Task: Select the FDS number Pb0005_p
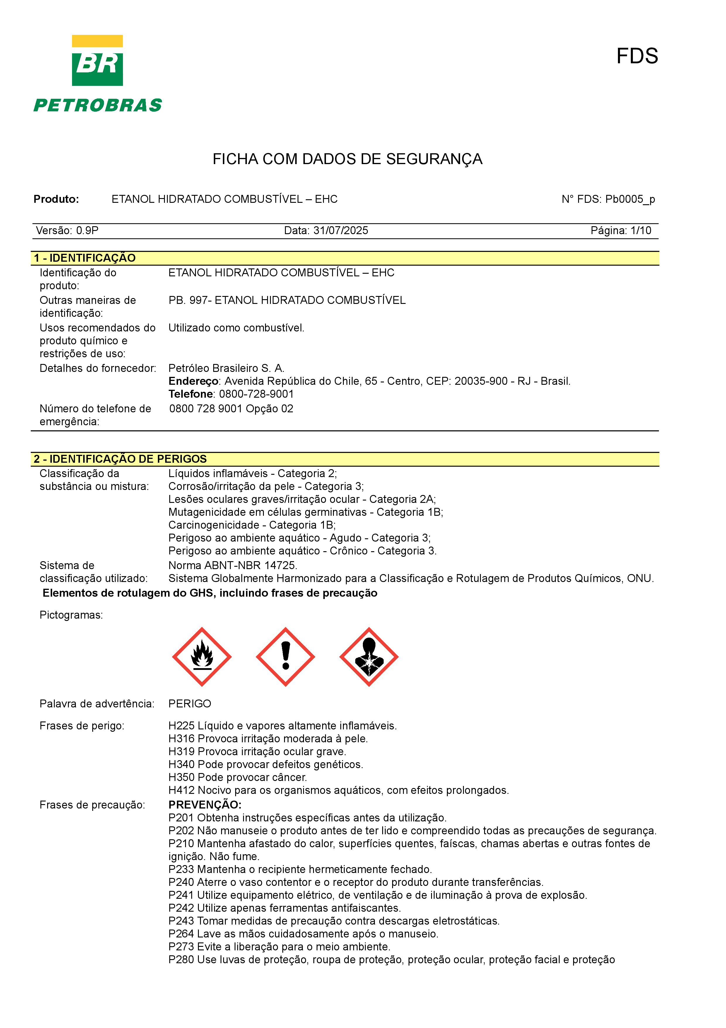[630, 199]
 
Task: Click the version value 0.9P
[87, 231]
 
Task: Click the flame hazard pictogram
[202, 656]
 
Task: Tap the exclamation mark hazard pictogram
[285, 656]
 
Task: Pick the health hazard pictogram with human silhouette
[369, 656]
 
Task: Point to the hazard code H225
[182, 726]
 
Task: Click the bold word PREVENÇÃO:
[205, 805]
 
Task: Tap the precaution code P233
[181, 869]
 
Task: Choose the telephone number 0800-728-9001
[256, 394]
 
